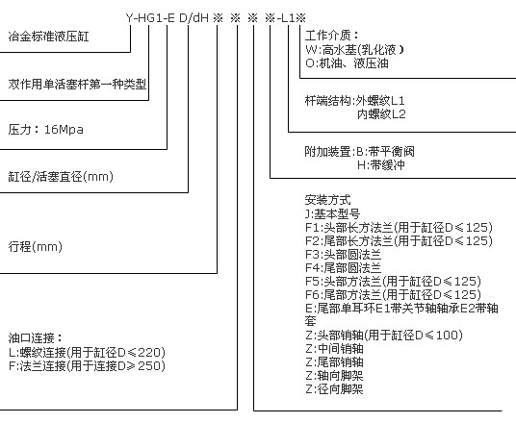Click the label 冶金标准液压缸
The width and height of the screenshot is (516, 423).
(49, 37)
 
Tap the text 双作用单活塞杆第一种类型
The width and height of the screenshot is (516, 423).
(77, 85)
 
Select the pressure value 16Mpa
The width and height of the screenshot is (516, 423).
(64, 130)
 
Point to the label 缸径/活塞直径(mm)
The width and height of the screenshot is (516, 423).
(61, 177)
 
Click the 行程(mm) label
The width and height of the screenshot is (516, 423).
(36, 246)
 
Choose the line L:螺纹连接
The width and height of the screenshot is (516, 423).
(87, 352)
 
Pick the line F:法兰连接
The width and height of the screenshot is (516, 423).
(87, 366)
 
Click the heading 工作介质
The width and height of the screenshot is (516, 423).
(332, 36)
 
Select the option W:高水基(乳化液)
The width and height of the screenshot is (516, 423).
(354, 50)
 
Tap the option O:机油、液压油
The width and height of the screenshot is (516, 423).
(347, 63)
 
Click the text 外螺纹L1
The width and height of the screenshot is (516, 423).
(380, 101)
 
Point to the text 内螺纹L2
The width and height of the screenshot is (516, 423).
(381, 114)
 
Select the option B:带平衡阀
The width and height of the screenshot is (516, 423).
(386, 152)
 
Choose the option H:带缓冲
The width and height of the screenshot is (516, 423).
(381, 165)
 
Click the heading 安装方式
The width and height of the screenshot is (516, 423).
(327, 200)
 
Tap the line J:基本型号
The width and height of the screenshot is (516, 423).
(332, 214)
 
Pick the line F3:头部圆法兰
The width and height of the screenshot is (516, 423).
(344, 255)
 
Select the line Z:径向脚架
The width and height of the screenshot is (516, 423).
(334, 389)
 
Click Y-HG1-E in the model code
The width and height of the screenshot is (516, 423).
(150, 17)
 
